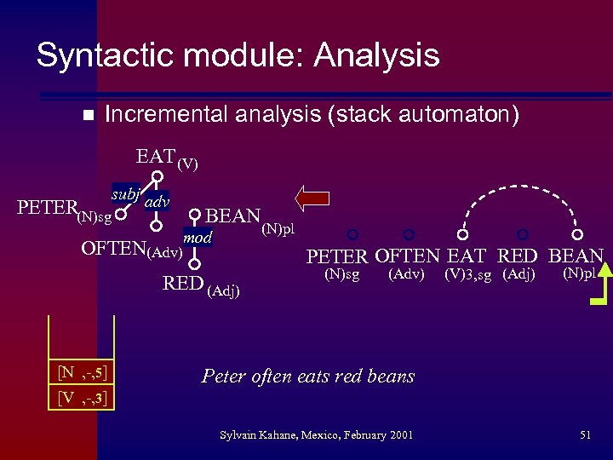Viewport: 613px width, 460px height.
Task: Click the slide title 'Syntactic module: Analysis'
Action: (x=238, y=56)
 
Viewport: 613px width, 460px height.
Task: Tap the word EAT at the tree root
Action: (x=156, y=157)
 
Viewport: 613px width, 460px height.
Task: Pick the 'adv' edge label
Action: (x=157, y=202)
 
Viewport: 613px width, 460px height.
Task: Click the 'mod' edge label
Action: (x=198, y=238)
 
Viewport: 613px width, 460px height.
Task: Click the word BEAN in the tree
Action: (x=232, y=216)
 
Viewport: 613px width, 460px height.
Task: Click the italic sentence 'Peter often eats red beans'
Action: (x=308, y=376)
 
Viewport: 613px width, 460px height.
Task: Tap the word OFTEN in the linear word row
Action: (x=407, y=256)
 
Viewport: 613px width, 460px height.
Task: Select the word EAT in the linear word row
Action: (x=467, y=256)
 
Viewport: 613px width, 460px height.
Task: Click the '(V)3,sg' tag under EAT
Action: (x=467, y=275)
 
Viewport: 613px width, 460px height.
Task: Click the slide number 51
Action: (x=585, y=435)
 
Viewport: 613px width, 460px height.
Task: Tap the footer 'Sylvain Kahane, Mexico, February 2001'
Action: (x=316, y=435)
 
